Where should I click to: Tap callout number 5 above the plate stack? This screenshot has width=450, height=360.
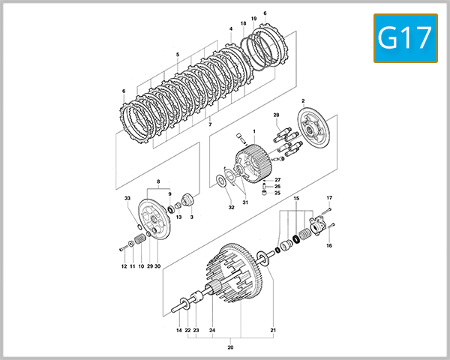(178, 55)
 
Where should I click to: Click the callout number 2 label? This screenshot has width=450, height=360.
(303, 100)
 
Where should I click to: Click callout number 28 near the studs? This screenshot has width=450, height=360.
(276, 114)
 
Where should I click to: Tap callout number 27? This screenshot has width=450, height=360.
(277, 180)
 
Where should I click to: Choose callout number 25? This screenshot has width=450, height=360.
(277, 193)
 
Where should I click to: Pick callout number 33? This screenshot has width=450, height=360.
(127, 198)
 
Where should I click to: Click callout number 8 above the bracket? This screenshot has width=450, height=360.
(158, 182)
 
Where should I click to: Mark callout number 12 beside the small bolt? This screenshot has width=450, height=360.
(124, 266)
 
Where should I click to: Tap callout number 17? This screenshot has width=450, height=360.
(328, 198)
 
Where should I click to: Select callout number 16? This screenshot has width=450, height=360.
(328, 245)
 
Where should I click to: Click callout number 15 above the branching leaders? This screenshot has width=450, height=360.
(296, 198)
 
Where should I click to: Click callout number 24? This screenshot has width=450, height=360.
(213, 330)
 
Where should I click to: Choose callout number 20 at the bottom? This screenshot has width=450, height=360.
(231, 347)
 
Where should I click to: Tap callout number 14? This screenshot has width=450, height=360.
(179, 330)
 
